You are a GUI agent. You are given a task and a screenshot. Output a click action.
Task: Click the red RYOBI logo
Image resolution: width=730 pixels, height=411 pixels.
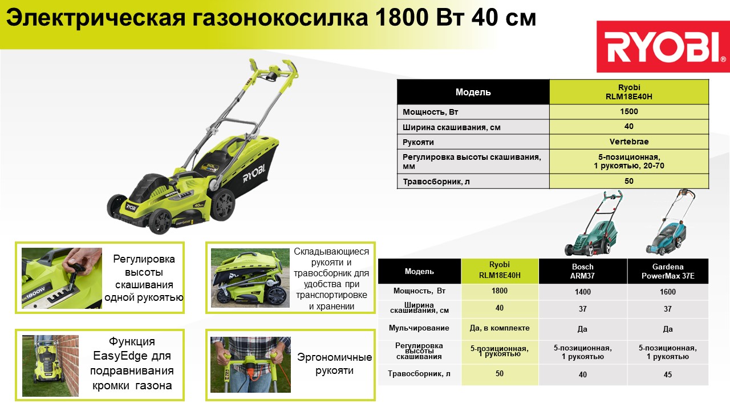[663, 47]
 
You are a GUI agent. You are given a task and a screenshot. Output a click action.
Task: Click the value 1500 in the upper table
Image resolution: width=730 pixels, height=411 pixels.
[628, 111]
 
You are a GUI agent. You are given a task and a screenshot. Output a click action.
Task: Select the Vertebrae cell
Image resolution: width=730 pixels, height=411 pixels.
[629, 142]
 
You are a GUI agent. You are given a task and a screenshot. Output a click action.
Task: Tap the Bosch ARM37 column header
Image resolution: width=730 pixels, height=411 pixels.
[583, 271]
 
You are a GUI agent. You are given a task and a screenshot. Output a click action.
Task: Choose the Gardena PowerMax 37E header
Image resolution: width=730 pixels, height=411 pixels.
[668, 271]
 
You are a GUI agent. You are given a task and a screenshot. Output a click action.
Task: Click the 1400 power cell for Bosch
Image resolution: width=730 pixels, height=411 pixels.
[583, 292]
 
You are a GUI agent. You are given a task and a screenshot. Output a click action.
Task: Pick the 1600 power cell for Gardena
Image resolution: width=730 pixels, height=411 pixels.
[668, 292]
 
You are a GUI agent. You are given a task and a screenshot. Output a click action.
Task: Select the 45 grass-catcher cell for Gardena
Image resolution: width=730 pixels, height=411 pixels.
[668, 374]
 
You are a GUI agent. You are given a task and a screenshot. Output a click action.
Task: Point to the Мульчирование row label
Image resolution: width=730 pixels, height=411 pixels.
[419, 328]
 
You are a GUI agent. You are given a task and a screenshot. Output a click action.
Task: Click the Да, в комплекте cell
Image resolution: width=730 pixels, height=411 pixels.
[500, 328]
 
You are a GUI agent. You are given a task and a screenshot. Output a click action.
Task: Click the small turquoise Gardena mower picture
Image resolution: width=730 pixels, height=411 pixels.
[670, 223]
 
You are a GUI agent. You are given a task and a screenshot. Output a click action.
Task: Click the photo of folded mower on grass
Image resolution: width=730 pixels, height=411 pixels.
[250, 278]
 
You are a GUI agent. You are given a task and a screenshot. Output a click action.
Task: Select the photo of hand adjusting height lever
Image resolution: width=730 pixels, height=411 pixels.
[62, 278]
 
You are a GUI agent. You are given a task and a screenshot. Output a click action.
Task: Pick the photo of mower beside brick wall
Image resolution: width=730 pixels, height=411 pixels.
[51, 366]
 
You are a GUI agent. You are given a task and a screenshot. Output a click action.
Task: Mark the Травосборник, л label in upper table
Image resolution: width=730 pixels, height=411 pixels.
[436, 182]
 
